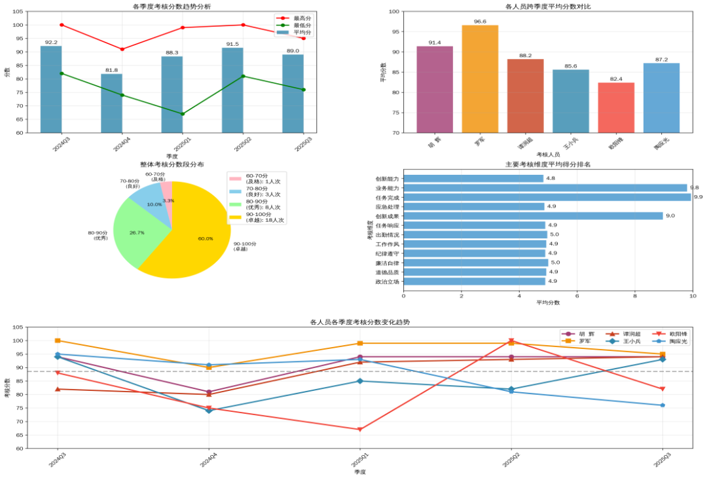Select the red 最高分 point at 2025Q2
coord(243,25)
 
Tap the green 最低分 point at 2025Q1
coord(183,114)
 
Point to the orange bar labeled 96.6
coord(480,79)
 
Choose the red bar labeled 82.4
coord(616,107)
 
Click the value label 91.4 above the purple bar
coord(435,43)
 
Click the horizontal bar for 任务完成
coord(547,197)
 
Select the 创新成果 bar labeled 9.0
coord(533,215)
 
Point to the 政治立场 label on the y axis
coord(386,282)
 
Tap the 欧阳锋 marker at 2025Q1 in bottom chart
coord(360,430)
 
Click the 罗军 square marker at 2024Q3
coord(58,340)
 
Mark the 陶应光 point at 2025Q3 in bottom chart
coord(662,405)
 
